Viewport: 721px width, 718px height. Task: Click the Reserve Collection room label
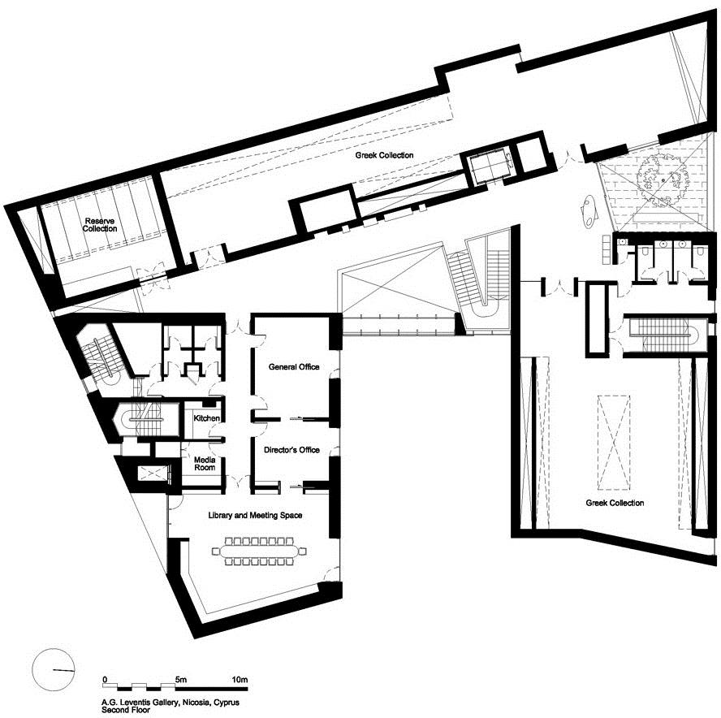click(x=100, y=225)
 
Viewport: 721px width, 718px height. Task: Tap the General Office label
click(x=294, y=366)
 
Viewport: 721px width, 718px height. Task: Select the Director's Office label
click(x=291, y=449)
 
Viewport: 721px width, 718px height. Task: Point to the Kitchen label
click(x=206, y=418)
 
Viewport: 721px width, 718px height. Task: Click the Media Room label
click(x=205, y=464)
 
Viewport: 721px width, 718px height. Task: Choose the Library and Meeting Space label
click(x=255, y=515)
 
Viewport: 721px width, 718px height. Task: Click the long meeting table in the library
click(x=260, y=551)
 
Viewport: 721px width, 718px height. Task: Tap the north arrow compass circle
click(x=54, y=670)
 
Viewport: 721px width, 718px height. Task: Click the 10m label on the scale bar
click(x=240, y=679)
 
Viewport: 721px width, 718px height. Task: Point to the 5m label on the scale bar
click(x=181, y=679)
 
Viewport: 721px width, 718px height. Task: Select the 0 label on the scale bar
click(x=106, y=679)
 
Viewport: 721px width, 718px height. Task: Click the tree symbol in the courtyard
click(x=663, y=179)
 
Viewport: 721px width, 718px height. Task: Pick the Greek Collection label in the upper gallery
click(x=384, y=155)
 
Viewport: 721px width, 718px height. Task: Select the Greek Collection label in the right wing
click(x=615, y=503)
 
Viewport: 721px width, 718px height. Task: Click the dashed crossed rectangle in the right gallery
click(x=614, y=443)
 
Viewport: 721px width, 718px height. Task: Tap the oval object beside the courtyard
click(x=589, y=210)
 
